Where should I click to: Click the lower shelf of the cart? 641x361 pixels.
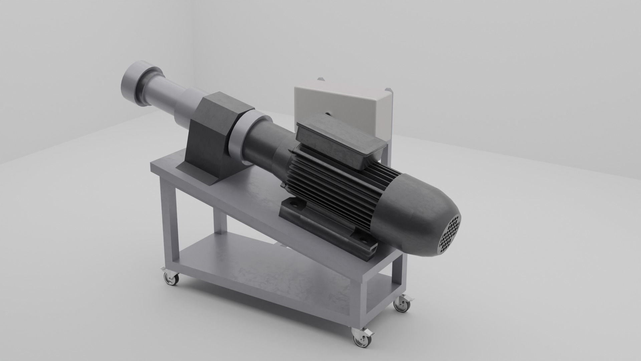pos(267,267)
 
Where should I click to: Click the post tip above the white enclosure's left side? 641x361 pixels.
pos(321,79)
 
